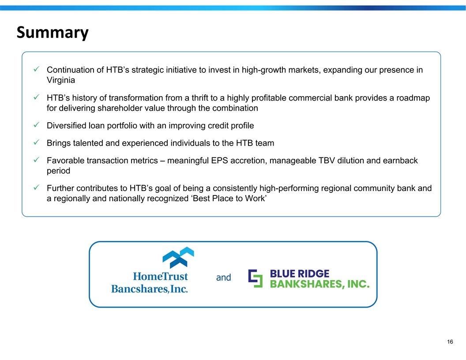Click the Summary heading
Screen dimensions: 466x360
tap(53, 32)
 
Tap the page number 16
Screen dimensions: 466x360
tap(450, 341)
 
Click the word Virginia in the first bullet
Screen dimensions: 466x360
tap(60, 80)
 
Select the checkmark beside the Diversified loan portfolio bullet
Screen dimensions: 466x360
tap(37, 125)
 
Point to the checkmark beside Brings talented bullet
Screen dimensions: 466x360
tap(37, 142)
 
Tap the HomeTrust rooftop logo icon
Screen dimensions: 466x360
tap(178, 257)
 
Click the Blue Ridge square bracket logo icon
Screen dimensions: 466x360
tap(256, 278)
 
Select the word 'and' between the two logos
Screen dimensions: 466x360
tap(223, 277)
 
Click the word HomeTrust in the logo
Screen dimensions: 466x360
tap(160, 276)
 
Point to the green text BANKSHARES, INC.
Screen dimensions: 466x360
tap(320, 284)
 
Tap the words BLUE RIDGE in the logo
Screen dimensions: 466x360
tap(300, 273)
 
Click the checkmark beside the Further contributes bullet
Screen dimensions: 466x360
tap(37, 187)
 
